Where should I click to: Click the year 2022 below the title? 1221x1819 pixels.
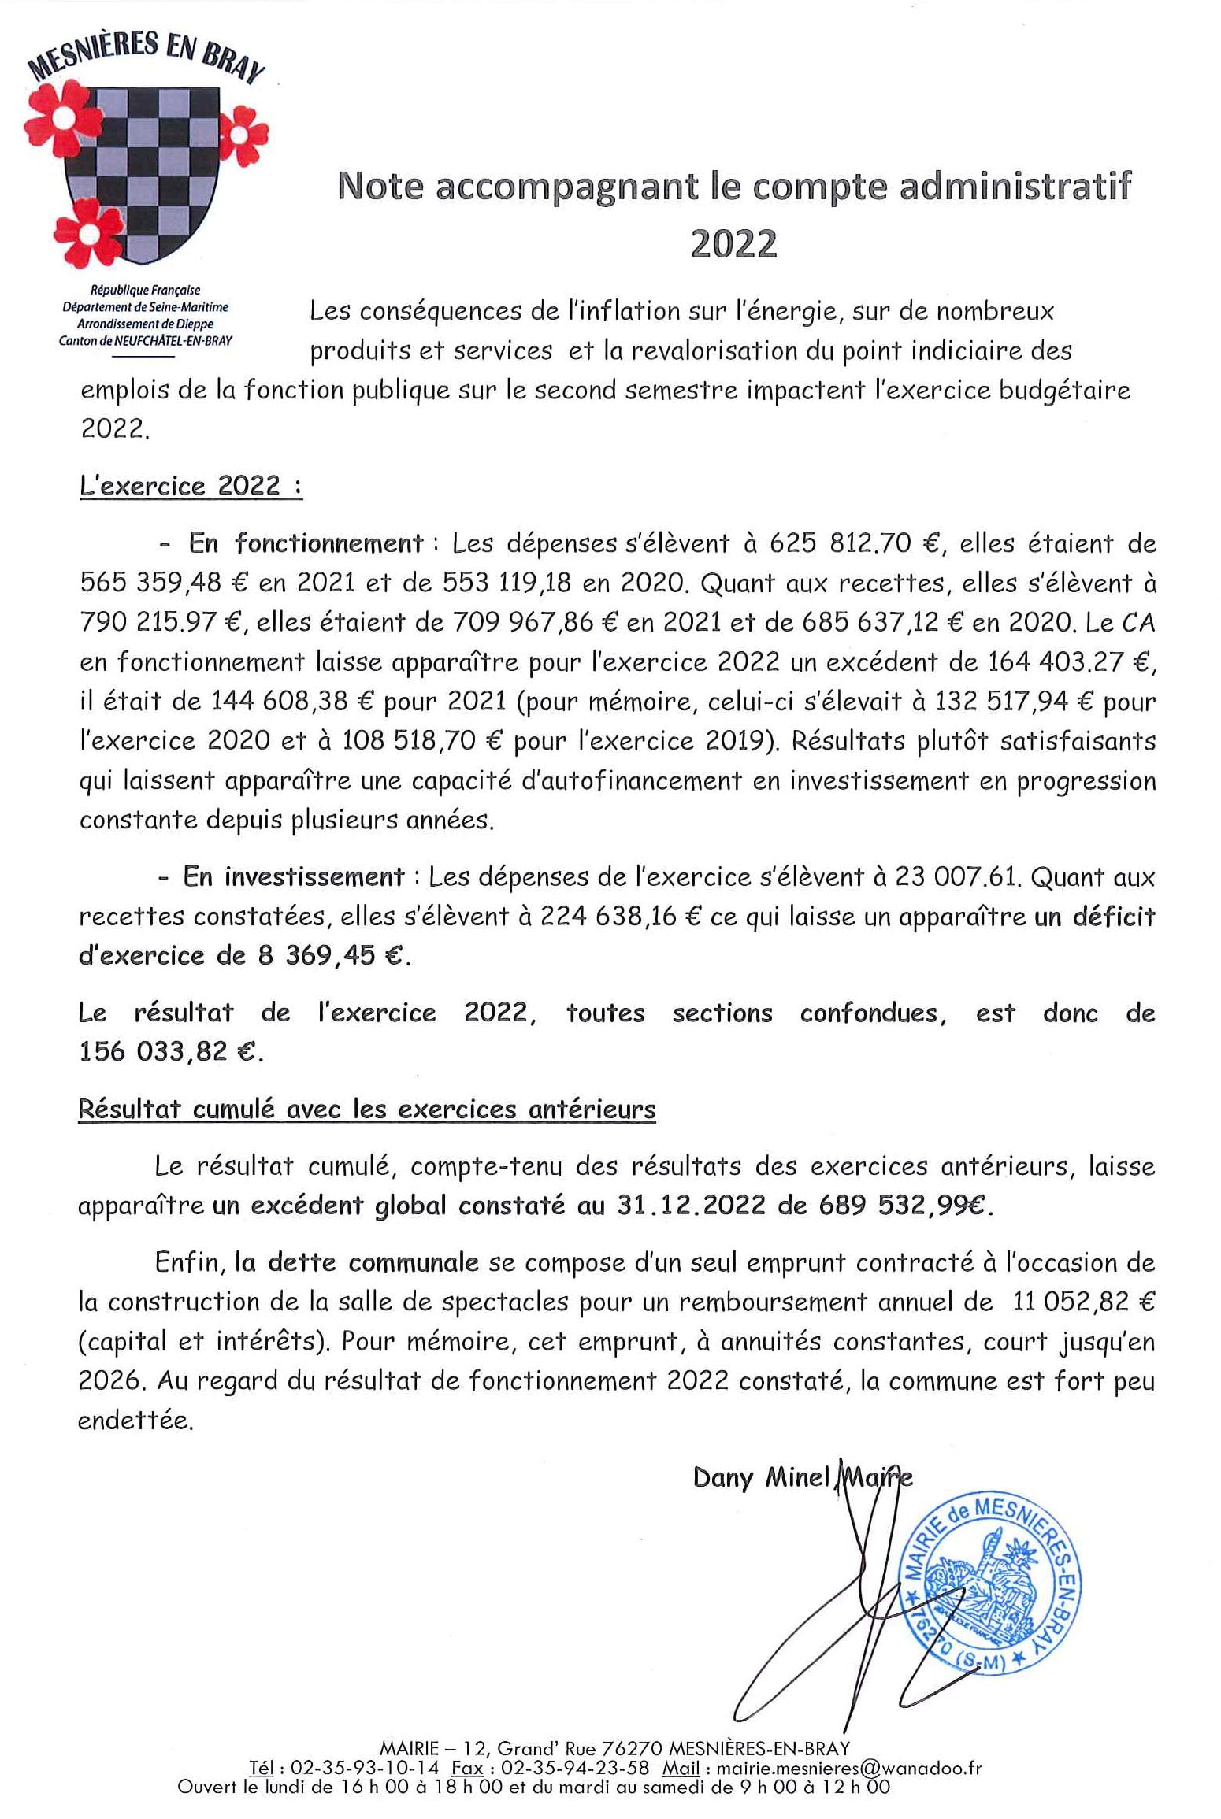tap(733, 243)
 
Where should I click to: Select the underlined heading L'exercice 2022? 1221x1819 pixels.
tap(191, 486)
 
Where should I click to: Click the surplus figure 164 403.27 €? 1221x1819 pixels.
tap(1071, 661)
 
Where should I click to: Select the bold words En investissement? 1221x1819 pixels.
tap(293, 876)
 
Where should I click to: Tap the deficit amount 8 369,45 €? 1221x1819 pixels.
tap(330, 955)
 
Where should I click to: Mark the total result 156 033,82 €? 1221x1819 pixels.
tap(169, 1051)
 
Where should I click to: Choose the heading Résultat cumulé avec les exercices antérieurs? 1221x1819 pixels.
tap(366, 1109)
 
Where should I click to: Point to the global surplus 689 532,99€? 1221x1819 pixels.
tap(906, 1205)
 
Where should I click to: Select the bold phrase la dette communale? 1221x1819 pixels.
tap(357, 1262)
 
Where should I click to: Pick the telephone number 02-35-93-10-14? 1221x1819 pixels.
tap(365, 1767)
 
